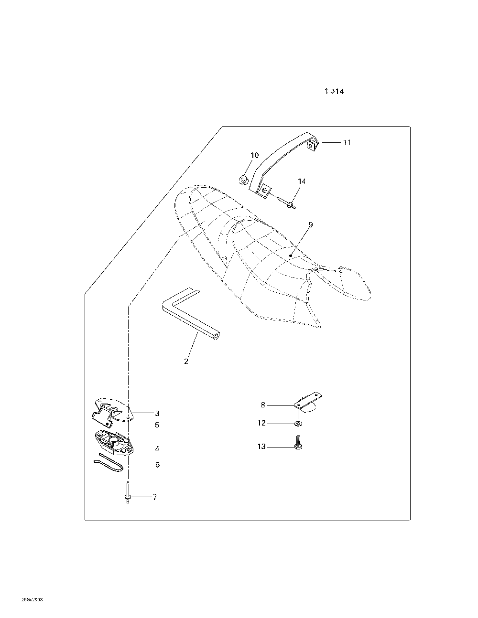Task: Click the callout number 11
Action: [347, 142]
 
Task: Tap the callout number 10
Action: [254, 155]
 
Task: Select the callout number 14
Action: [302, 181]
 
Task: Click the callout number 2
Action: [186, 362]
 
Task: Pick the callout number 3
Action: [157, 413]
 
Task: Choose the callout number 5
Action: [157, 425]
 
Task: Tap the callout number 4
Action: [157, 449]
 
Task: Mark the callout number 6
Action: [157, 464]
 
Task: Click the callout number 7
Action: [154, 497]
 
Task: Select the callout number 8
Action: [263, 405]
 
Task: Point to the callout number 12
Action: [261, 423]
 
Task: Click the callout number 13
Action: [261, 447]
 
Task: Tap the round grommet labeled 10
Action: [243, 180]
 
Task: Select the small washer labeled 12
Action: [298, 423]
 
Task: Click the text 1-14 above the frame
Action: [334, 91]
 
